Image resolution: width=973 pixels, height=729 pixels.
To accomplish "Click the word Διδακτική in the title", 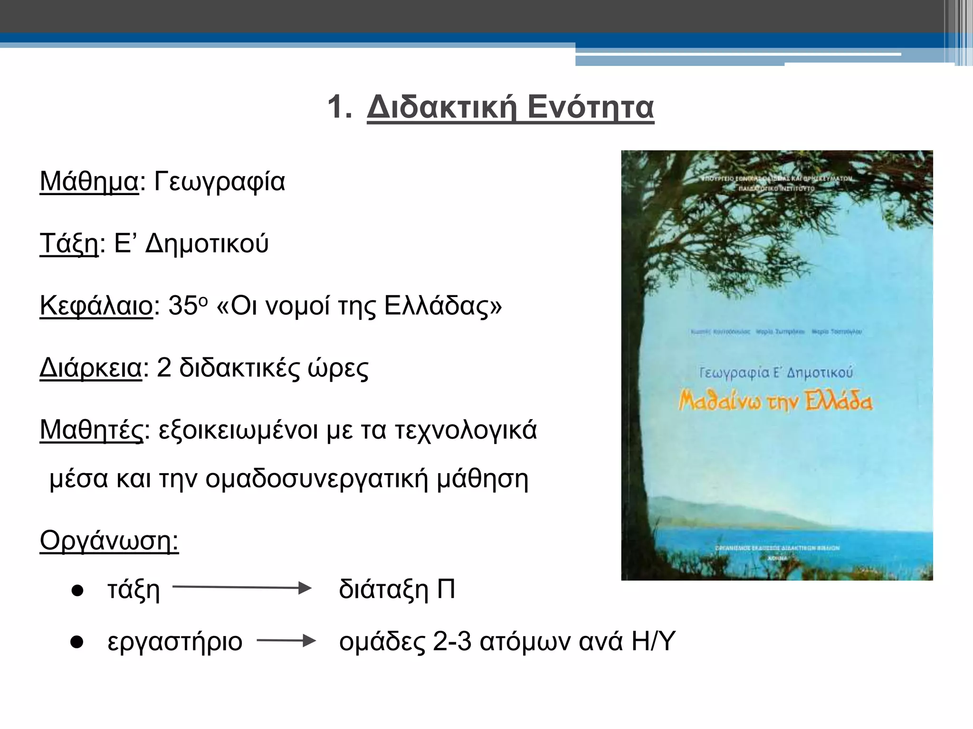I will (x=442, y=107).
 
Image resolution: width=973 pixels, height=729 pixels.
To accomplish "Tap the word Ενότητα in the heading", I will (x=591, y=107).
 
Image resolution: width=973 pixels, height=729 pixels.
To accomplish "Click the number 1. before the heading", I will (x=340, y=107).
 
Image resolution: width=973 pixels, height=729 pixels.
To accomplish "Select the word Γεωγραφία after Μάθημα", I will (x=219, y=182).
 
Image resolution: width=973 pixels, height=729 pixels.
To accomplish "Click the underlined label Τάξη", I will (x=69, y=244).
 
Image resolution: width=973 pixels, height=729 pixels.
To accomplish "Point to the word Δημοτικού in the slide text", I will (x=207, y=244).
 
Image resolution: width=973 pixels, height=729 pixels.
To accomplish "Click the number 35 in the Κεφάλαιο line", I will (x=182, y=306).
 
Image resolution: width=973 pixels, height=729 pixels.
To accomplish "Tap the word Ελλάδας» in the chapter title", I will (x=443, y=306).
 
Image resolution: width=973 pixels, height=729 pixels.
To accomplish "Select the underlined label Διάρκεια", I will (x=91, y=368).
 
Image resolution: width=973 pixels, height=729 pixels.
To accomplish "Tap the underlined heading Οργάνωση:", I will (x=109, y=541).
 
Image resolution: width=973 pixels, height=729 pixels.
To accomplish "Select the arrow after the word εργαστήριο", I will (x=286, y=641).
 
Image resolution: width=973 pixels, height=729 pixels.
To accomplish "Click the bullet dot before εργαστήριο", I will (x=77, y=642).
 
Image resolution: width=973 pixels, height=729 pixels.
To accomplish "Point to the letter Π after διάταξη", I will (x=446, y=589).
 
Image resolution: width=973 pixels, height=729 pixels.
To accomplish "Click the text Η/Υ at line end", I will (x=653, y=642).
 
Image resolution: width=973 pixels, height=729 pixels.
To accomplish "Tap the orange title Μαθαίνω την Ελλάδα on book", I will (x=775, y=402).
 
